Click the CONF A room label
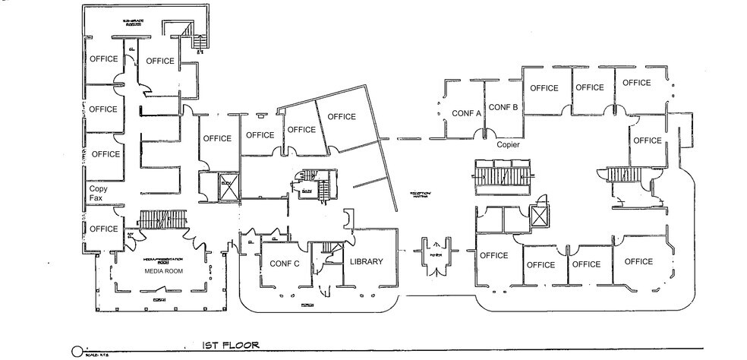click(467, 113)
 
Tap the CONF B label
click(503, 107)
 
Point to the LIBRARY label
click(366, 261)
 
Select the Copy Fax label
click(97, 193)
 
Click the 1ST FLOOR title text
click(231, 345)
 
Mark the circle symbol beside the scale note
click(76, 351)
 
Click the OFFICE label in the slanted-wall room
click(342, 116)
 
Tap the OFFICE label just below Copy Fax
click(103, 229)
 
